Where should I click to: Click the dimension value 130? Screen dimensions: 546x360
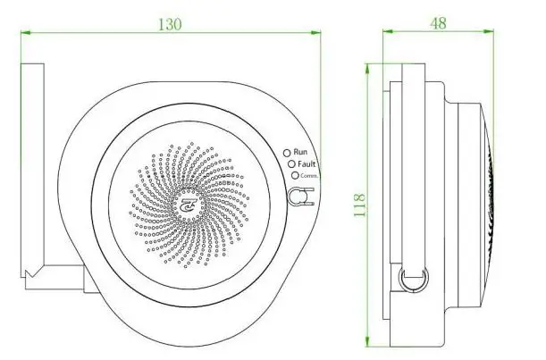pos(170,24)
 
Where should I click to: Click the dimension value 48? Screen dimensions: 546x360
pos(438,23)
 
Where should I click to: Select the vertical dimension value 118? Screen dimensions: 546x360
pos(359,205)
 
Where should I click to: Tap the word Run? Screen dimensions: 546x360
pos(300,152)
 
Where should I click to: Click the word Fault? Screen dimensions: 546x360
pos(307,163)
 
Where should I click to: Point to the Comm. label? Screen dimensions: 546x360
pos(309,176)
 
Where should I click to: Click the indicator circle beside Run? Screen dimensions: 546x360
pos(287,153)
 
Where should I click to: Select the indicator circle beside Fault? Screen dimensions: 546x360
pos(291,164)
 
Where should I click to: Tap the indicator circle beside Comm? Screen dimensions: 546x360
pos(295,175)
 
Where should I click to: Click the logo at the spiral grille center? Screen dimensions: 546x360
pos(189,205)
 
